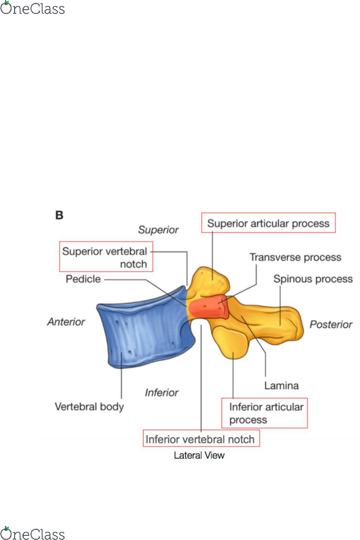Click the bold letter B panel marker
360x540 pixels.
click(59, 214)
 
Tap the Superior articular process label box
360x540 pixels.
click(268, 224)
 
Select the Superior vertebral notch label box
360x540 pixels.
click(106, 257)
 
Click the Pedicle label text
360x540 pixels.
click(83, 279)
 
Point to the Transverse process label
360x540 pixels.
click(295, 257)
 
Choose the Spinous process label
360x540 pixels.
click(313, 279)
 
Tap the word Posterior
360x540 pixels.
click(331, 325)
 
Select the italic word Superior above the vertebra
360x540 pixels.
click(158, 230)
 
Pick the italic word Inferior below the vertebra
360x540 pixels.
click(162, 393)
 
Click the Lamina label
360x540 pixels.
click(281, 385)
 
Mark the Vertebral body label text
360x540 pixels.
click(89, 407)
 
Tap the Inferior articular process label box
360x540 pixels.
click(264, 413)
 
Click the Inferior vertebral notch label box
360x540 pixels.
click(200, 439)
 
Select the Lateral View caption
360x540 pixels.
click(199, 456)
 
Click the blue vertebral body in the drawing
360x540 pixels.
click(142, 331)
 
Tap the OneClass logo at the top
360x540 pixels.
click(32, 8)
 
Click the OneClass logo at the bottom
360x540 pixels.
click(32, 534)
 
